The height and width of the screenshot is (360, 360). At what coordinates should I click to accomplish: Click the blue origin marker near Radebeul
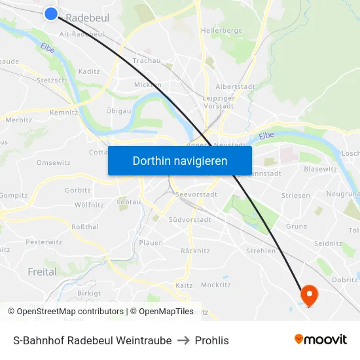pos(52,14)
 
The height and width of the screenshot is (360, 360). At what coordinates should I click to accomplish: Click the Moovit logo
pos(320,340)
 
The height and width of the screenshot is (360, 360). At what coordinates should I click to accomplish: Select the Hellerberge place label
pos(222,30)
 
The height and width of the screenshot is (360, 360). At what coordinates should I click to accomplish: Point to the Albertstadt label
pos(235,86)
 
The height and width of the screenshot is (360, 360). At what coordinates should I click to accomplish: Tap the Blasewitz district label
pos(320,169)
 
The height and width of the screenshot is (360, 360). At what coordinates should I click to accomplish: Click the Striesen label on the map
pos(295,195)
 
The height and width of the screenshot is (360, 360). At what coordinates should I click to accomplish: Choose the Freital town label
pos(42,272)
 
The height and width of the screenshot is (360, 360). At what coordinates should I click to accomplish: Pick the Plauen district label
pos(151,242)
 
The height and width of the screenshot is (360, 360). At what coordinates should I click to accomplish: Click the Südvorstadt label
pos(190,220)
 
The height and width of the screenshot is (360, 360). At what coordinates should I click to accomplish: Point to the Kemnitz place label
pos(63,112)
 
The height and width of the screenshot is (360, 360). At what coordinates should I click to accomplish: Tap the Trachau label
pos(147,60)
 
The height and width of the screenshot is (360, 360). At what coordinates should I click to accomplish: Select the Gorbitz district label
pos(77,190)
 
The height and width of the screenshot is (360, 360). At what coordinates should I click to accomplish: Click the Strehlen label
pos(261,251)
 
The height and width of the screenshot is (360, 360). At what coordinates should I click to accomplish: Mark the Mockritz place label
pos(216,285)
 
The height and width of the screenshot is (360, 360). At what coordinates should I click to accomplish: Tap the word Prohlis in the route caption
pos(212,340)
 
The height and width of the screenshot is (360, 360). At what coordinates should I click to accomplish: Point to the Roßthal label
pos(85,226)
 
